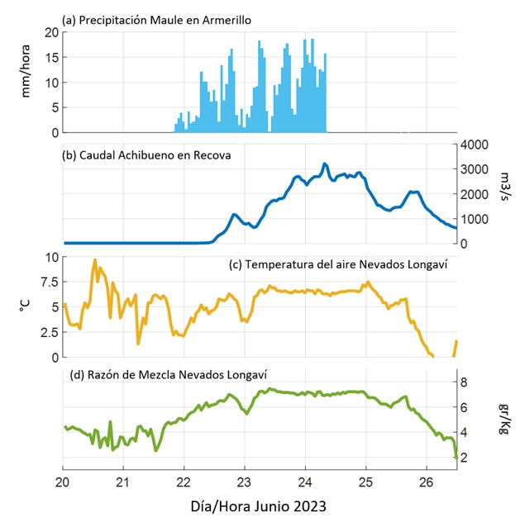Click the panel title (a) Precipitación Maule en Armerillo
pyautogui.click(x=150, y=19)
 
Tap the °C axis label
pyautogui.click(x=24, y=307)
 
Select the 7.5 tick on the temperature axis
pyautogui.click(x=48, y=282)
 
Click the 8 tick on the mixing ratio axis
pyautogui.click(x=465, y=382)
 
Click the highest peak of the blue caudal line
pyautogui.click(x=325, y=164)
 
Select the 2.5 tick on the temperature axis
pyautogui.click(x=48, y=332)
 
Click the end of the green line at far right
pyautogui.click(x=456, y=457)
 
